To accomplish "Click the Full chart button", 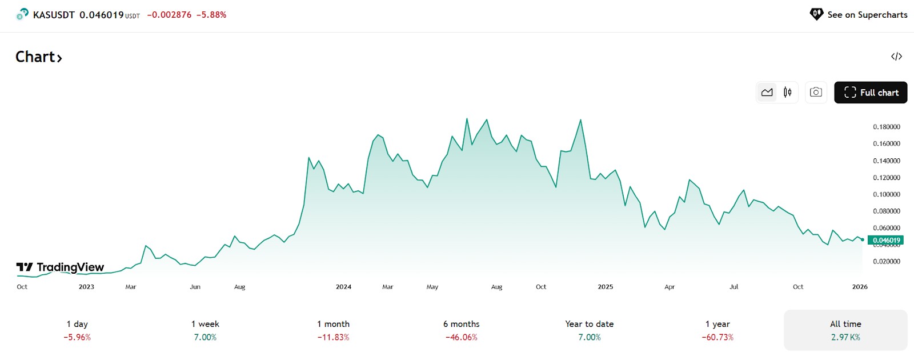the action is click(871, 93).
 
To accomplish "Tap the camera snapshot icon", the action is click(816, 92).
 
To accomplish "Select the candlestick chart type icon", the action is click(788, 92).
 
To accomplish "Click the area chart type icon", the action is click(767, 92).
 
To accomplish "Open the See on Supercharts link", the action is click(859, 15).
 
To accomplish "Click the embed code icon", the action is click(896, 57).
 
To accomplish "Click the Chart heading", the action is click(39, 57).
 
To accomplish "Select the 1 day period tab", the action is click(77, 330).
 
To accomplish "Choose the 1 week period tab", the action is click(205, 330).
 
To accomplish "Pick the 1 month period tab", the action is click(334, 330).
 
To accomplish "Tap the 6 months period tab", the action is click(462, 330).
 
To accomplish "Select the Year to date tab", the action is click(590, 330).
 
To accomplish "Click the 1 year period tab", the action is click(717, 330).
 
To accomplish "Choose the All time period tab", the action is click(845, 330).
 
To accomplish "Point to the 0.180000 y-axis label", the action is click(887, 127).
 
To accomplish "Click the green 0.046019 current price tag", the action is click(885, 240).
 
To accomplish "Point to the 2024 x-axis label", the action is click(343, 286).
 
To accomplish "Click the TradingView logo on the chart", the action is click(60, 267).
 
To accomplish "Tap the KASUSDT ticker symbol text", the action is click(54, 15).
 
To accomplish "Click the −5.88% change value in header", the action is click(211, 15).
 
